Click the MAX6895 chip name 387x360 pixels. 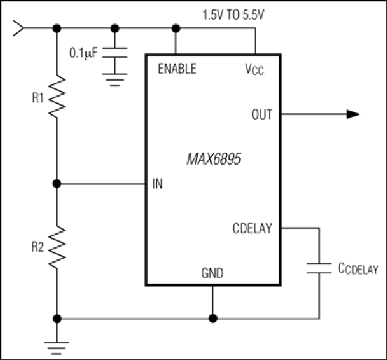tap(214, 159)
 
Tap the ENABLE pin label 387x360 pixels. tap(177, 69)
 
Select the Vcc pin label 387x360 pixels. tap(254, 69)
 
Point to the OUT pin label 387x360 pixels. tap(262, 115)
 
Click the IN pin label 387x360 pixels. tap(158, 183)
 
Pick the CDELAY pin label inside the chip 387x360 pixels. tap(252, 228)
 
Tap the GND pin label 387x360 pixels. tap(212, 273)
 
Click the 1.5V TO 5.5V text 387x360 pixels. tap(233, 15)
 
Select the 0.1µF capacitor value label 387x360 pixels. tap(83, 53)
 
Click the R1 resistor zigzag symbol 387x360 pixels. tap(57, 97)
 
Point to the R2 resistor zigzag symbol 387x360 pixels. tap(57, 247)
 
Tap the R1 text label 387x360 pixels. tap(38, 97)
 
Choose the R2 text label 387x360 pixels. tap(37, 247)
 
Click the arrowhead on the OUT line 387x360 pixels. tap(353, 115)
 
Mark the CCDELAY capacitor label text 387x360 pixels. tap(358, 269)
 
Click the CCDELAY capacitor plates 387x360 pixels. tap(319, 268)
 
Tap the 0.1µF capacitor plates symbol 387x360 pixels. tap(115, 53)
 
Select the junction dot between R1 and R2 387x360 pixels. tap(57, 183)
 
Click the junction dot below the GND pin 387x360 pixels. tap(213, 319)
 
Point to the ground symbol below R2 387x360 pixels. tap(57, 348)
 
